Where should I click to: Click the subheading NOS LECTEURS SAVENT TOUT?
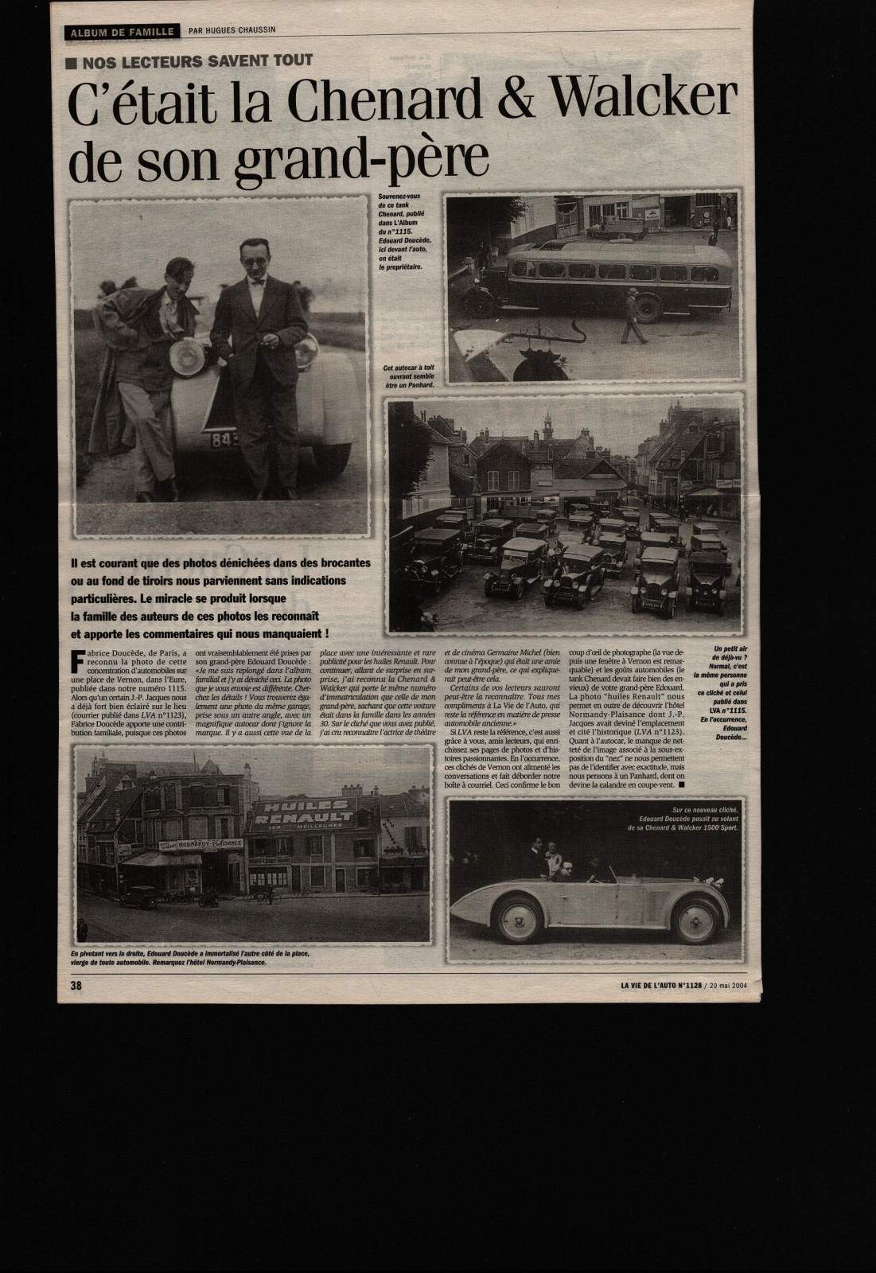pos(194,60)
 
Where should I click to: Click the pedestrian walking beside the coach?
pos(634,314)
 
